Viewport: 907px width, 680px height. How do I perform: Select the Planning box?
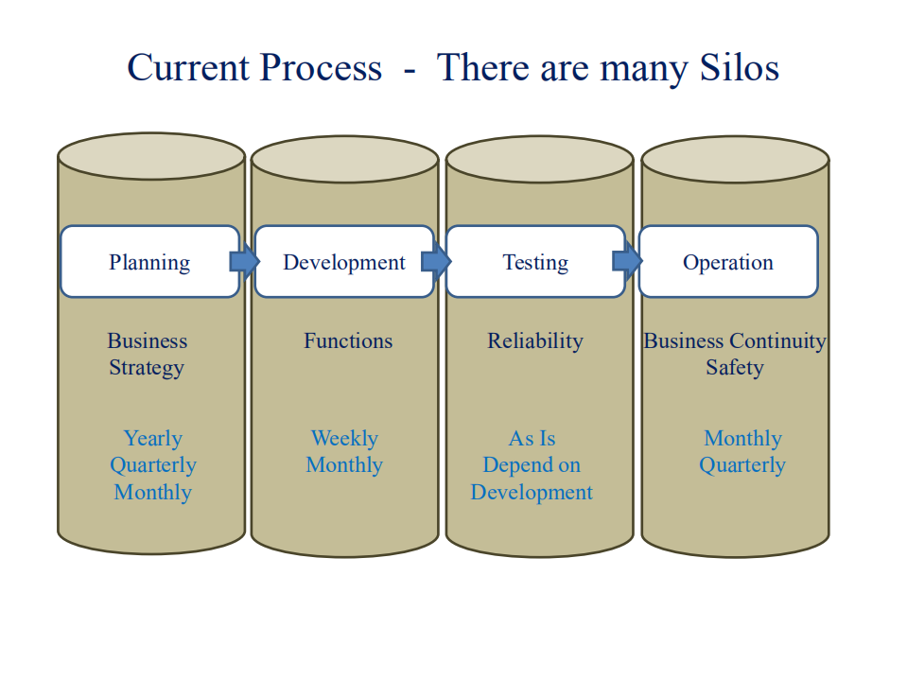click(x=149, y=262)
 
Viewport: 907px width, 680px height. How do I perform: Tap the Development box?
click(x=344, y=262)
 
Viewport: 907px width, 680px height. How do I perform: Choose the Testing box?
click(x=535, y=262)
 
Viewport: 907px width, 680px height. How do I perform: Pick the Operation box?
click(x=728, y=262)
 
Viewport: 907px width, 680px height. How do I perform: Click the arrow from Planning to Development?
click(x=244, y=261)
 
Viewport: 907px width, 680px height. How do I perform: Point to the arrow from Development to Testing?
click(x=436, y=261)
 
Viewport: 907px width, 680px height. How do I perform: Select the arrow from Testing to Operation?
click(x=627, y=261)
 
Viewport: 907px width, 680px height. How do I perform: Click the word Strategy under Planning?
click(x=147, y=368)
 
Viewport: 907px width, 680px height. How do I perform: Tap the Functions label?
click(x=347, y=341)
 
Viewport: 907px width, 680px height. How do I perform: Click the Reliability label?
click(x=535, y=341)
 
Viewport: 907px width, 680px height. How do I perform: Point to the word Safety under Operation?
click(x=734, y=368)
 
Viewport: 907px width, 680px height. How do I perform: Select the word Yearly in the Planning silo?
click(x=152, y=439)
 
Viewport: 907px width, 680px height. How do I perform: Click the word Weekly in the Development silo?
click(x=344, y=439)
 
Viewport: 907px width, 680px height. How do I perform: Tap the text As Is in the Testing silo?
click(x=532, y=439)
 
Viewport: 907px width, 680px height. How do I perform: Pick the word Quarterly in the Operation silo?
click(x=742, y=465)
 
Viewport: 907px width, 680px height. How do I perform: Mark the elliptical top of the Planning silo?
click(x=151, y=157)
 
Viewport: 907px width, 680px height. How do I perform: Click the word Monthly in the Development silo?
click(x=344, y=465)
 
